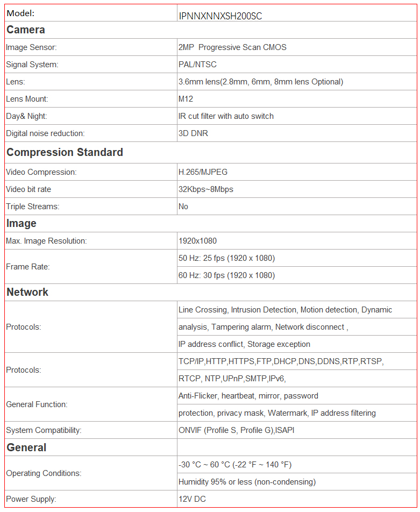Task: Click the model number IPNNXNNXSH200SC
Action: click(x=220, y=16)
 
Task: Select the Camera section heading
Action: click(x=25, y=30)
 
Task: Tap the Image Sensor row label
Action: click(x=31, y=47)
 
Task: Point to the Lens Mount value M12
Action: click(x=186, y=99)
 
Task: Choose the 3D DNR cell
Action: click(x=193, y=133)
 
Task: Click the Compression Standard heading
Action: click(x=65, y=152)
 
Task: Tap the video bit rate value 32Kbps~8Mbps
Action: click(x=206, y=189)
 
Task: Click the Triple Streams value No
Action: click(x=183, y=207)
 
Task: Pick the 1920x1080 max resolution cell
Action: click(x=197, y=241)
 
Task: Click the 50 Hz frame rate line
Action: click(x=226, y=258)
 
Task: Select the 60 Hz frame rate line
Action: click(x=226, y=275)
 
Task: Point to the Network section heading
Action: click(x=27, y=292)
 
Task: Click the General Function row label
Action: click(x=37, y=404)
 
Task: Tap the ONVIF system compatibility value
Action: click(x=236, y=430)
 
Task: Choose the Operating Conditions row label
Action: click(x=44, y=473)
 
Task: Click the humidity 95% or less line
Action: click(x=247, y=482)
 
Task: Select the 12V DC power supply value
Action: click(x=192, y=499)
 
